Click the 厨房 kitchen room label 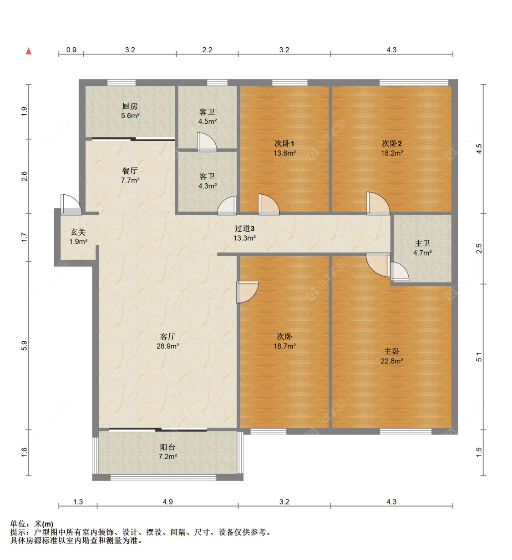130,111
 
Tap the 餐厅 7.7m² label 130,175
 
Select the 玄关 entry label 78,237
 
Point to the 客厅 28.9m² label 167,341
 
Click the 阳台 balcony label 167,451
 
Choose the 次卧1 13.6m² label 284,148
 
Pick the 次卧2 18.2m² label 391,148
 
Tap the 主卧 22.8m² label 391,356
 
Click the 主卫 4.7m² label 422,248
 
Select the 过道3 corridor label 244,233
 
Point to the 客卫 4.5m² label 207,116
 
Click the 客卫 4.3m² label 207,181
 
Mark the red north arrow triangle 29,51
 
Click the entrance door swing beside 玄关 70,205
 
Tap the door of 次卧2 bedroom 377,203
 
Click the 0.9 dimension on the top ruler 71,50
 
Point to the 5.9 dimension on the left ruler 25,346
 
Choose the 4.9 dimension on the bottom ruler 167,502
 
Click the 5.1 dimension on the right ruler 479,358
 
